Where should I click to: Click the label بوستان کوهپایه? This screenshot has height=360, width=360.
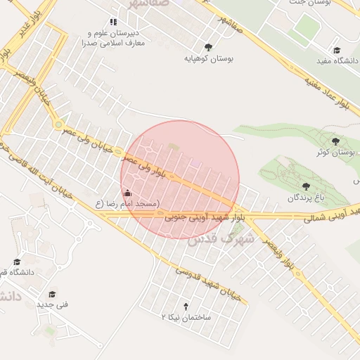coord(208,59)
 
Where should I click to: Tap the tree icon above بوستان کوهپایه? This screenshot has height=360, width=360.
coord(208,48)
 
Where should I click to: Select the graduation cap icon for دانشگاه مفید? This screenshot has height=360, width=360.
coord(337,50)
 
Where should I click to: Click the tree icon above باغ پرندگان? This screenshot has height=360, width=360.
coord(307,186)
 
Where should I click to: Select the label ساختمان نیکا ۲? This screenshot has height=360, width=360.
coord(186,318)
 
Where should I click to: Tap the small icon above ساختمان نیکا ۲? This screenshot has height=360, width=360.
coord(186,306)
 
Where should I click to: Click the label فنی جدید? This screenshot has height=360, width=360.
coord(52,305)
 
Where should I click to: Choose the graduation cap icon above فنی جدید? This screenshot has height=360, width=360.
coord(52,294)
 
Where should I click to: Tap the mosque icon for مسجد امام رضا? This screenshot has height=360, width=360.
coord(127,193)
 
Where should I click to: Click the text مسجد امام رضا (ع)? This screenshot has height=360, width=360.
coord(128,204)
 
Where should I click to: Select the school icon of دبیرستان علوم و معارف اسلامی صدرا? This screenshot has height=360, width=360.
coord(114,22)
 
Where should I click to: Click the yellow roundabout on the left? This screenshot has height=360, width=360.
coord(58,124)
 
